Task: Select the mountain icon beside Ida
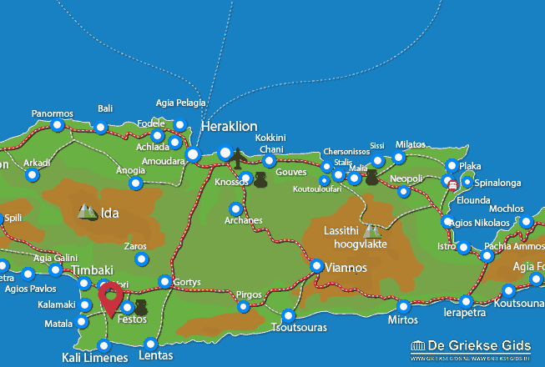coord(87,212)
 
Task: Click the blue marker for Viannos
coord(317,265)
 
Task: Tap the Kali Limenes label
coord(94,358)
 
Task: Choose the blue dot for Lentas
coord(150,344)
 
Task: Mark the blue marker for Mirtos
coord(404,306)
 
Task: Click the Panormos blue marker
coord(57,126)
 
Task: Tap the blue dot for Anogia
coord(135,183)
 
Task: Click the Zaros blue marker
coord(141,259)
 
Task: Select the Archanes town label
coord(243,221)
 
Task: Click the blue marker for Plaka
coord(452,165)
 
